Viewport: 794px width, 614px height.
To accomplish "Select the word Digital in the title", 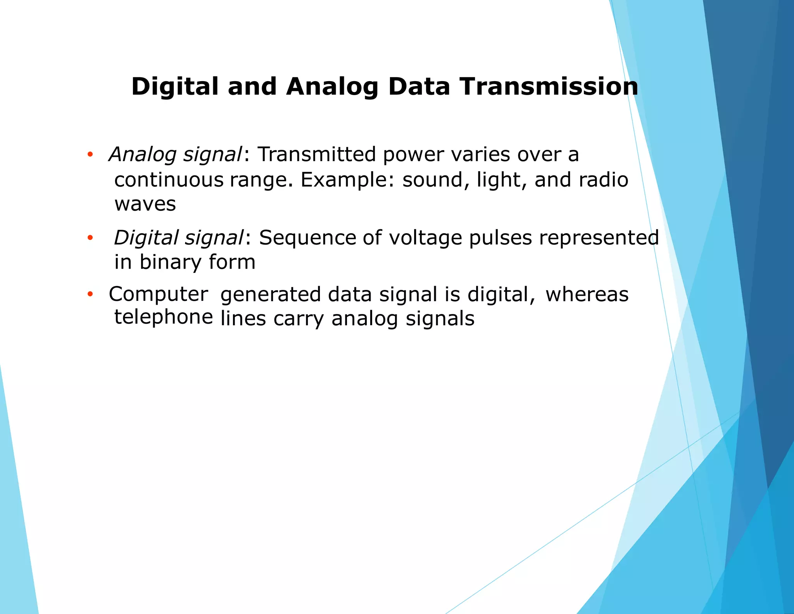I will [175, 86].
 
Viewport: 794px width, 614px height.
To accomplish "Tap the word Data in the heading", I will [419, 86].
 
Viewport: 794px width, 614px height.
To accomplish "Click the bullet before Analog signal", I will [90, 155].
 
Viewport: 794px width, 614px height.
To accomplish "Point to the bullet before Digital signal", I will [90, 238].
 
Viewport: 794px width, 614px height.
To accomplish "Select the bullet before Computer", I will [90, 294].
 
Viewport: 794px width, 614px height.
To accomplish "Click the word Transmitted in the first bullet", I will [317, 154].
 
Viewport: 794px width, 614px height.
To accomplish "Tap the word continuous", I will [169, 180].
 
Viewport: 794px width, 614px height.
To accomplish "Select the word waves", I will [145, 204].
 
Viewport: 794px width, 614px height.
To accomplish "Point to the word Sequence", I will [307, 238].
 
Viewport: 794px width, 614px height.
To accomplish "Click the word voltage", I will [425, 238].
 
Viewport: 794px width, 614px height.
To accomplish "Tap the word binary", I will [171, 262].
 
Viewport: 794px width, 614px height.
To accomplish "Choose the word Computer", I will [158, 294].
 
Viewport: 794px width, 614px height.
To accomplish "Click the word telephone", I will [164, 317].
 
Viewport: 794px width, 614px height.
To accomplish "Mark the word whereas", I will [587, 294].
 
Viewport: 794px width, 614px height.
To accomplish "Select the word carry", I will [298, 319].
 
